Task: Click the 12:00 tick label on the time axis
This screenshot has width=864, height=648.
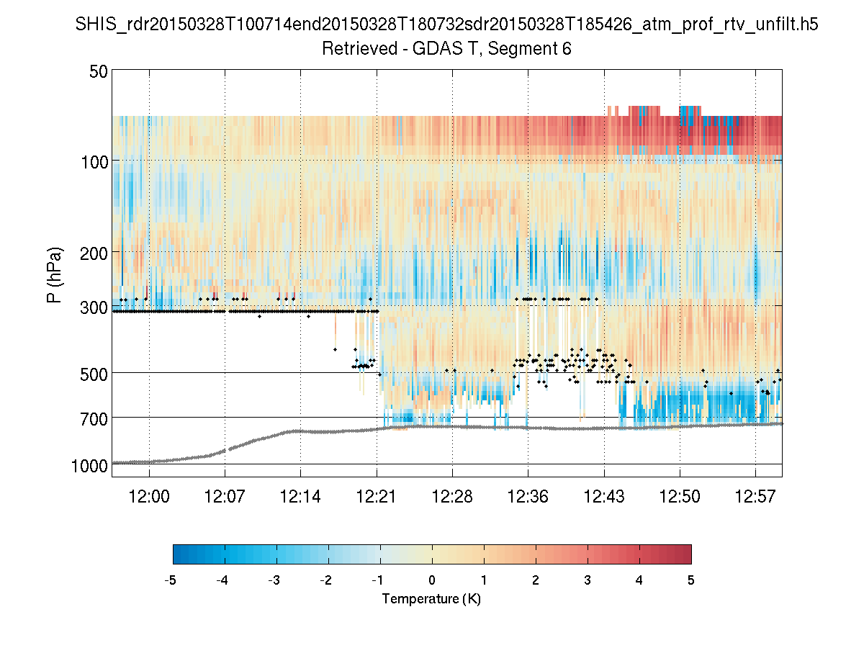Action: click(x=149, y=496)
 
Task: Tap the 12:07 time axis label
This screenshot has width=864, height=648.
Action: click(x=225, y=496)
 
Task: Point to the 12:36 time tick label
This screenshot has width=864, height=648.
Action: click(x=528, y=496)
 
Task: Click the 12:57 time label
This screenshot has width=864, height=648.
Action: click(x=755, y=496)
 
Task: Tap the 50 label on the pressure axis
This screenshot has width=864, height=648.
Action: click(x=99, y=71)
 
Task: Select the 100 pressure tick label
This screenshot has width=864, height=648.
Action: click(x=94, y=162)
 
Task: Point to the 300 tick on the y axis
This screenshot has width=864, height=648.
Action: click(x=94, y=307)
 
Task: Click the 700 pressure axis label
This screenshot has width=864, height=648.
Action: click(x=94, y=418)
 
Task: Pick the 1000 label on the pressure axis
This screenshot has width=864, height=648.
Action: click(x=90, y=466)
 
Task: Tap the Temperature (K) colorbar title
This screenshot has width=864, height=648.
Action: click(x=431, y=599)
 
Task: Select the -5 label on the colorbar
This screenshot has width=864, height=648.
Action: click(x=171, y=580)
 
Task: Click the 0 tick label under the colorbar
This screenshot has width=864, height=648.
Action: click(x=432, y=580)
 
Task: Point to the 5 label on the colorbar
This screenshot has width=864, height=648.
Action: click(x=691, y=580)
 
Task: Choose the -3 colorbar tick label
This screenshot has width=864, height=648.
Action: click(x=274, y=580)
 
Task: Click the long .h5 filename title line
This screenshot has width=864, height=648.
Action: click(x=447, y=24)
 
